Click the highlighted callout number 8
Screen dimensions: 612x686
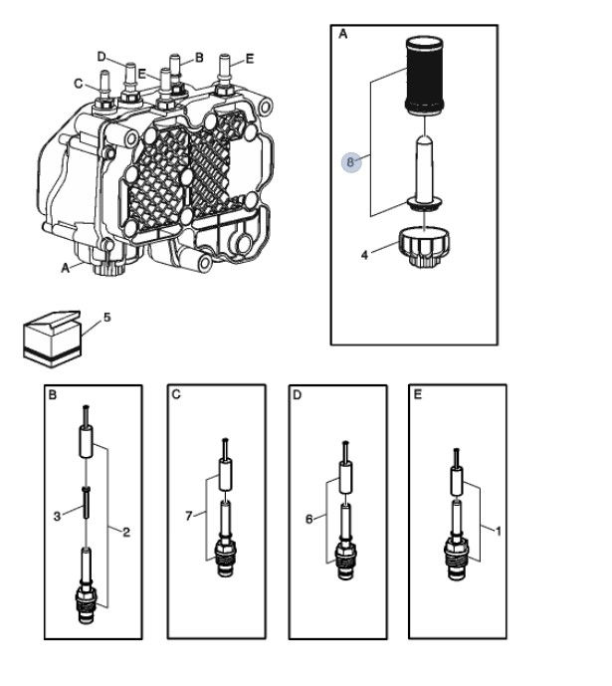point(351,162)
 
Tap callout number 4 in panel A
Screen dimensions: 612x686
point(365,255)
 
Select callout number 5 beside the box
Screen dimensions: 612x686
point(107,318)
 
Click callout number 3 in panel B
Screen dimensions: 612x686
point(58,517)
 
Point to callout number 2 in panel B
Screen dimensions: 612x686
point(126,532)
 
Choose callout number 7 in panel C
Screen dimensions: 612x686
point(189,517)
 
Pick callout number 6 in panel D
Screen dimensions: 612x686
point(309,520)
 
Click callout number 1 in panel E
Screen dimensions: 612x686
point(498,531)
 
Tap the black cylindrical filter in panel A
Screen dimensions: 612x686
point(425,76)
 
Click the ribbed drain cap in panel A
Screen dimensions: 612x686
point(424,247)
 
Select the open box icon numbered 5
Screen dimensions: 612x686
point(52,340)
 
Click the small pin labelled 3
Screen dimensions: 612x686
point(87,502)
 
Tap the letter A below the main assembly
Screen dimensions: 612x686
point(65,268)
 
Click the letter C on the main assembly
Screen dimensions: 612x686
point(79,84)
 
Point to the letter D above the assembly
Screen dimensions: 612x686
point(102,57)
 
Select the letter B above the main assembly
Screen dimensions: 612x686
point(199,58)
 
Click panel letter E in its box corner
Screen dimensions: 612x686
point(418,394)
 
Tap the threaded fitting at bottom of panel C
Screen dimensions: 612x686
point(226,558)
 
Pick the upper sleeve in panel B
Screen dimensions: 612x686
point(87,442)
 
